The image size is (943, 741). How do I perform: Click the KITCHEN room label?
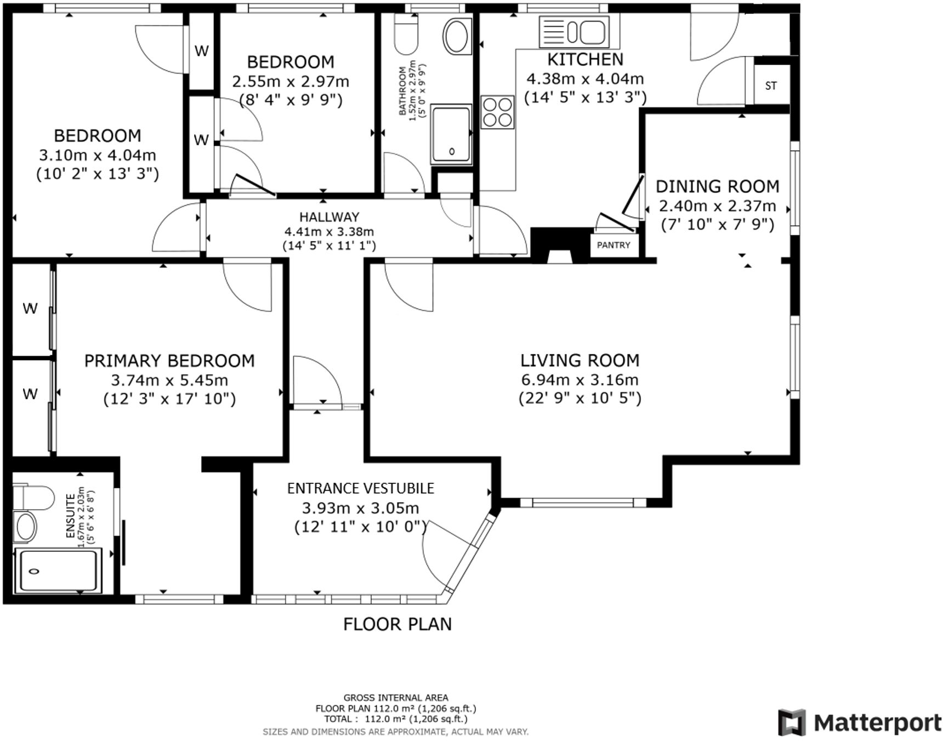585,59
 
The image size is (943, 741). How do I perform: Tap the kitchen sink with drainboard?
574,31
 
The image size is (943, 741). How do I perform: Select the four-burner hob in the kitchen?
497,112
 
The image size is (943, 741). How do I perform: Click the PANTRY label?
613,245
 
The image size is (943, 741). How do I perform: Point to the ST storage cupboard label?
771,86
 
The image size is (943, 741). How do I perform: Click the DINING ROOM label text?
717,187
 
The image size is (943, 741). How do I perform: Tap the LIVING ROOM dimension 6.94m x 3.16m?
580,379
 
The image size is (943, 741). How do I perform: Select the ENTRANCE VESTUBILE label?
360,488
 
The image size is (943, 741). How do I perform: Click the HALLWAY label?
329,217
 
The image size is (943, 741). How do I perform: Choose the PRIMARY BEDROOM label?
169,361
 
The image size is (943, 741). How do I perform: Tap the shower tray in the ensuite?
58,571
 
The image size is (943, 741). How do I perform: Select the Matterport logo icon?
792,722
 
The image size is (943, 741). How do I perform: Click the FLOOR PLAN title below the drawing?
397,624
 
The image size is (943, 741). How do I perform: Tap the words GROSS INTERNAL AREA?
395,698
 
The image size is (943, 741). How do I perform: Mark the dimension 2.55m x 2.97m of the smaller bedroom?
291,82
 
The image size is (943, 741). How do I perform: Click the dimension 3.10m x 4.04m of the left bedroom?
98,155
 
